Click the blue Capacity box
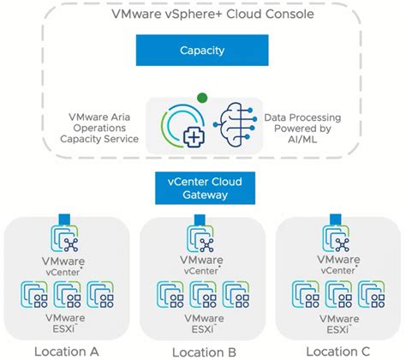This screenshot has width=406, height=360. [x=202, y=51]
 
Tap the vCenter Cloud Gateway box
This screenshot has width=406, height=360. [x=202, y=189]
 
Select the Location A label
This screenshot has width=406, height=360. [x=66, y=351]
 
